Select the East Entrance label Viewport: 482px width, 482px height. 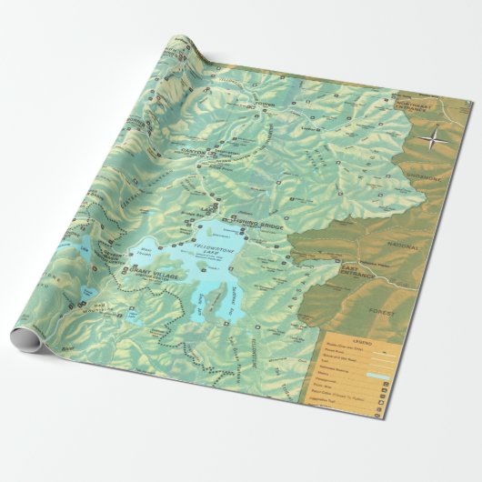357,270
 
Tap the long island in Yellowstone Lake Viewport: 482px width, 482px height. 215,301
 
